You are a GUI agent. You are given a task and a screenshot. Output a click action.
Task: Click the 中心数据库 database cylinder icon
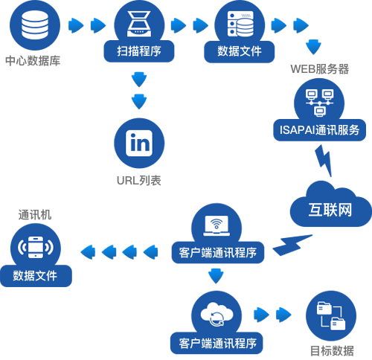point(35,25)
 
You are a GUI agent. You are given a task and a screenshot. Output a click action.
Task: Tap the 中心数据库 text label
point(33,61)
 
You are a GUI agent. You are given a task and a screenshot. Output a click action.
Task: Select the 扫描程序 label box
point(139,51)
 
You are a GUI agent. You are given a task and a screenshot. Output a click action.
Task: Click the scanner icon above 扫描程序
point(139,24)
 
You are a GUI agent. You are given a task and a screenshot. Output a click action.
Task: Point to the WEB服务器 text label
point(320,69)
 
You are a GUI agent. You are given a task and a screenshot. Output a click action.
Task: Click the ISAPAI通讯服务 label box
point(319,130)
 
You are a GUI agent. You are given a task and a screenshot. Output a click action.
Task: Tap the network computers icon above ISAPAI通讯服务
point(319,103)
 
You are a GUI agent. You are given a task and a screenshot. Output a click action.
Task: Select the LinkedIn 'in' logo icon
point(139,143)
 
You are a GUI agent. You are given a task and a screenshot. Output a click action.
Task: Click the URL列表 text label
point(139,181)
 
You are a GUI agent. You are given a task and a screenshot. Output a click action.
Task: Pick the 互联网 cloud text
point(330,210)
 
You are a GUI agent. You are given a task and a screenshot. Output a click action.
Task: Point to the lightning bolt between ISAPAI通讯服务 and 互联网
point(324,161)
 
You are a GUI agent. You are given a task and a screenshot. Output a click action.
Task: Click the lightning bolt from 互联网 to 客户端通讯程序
point(292,245)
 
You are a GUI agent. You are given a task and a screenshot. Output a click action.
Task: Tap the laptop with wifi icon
point(217,225)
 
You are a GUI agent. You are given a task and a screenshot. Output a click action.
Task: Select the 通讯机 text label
point(35,215)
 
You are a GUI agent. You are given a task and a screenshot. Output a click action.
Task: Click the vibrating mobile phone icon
point(36,247)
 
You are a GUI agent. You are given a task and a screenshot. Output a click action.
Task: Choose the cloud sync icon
point(217,314)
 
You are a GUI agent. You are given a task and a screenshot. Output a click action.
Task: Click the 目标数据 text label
point(332,351)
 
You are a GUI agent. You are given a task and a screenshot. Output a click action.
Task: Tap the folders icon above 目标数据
point(331,315)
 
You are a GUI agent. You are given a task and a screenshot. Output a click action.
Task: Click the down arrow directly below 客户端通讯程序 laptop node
point(216,276)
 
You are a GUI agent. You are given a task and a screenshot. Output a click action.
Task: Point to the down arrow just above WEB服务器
point(313,47)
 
